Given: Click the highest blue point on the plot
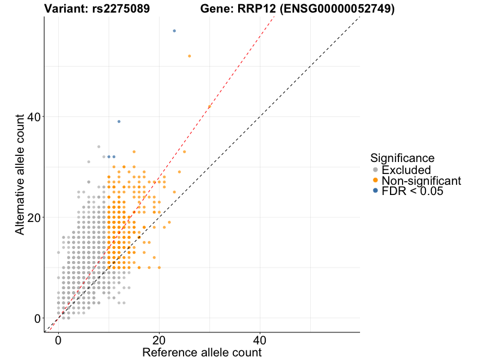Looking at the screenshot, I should (174, 31).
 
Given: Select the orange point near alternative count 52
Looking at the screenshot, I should (190, 56).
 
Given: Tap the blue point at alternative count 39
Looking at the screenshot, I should (119, 121).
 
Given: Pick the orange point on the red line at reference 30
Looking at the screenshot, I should (209, 107).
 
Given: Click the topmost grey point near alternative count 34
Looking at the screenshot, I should (99, 146).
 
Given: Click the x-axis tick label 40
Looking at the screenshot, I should (260, 339).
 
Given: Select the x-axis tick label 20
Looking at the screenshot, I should (159, 339).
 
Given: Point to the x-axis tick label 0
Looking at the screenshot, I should (58, 339).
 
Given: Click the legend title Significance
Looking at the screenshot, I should (402, 158).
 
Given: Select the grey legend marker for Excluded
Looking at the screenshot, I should (375, 170).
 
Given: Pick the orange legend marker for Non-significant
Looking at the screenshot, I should (375, 181).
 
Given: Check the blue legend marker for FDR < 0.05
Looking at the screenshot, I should (375, 191).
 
